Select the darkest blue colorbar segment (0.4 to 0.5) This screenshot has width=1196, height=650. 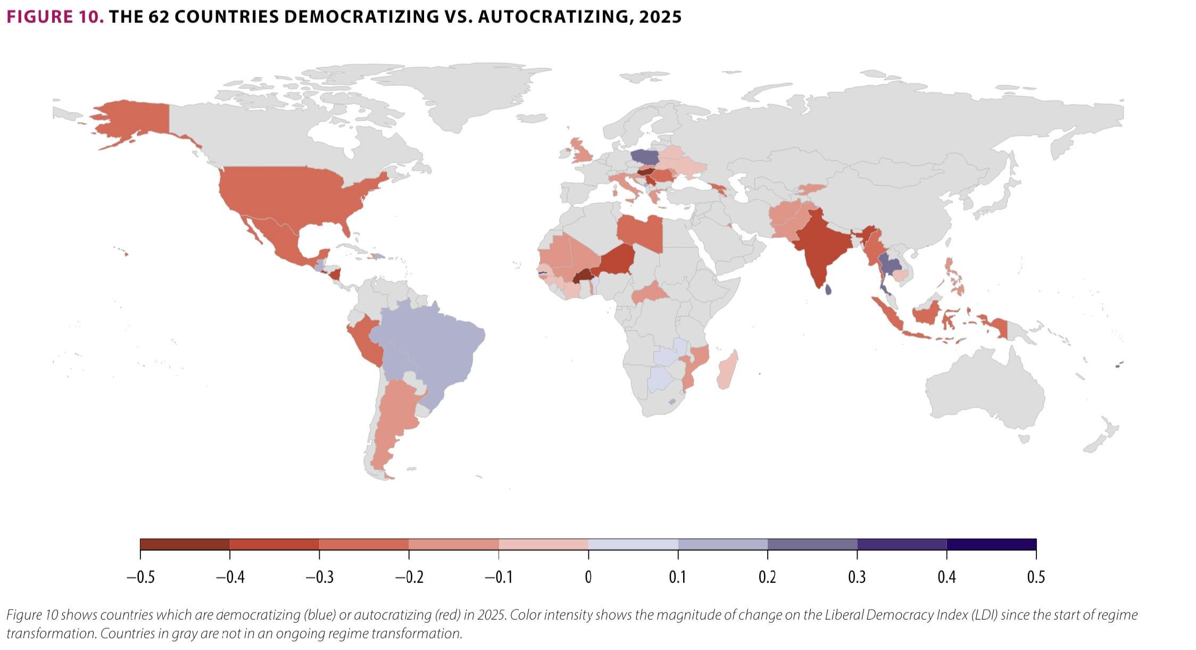pyautogui.click(x=991, y=544)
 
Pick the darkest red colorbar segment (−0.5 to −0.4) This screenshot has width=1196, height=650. pyautogui.click(x=185, y=544)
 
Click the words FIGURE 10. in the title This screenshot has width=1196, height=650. pyautogui.click(x=55, y=17)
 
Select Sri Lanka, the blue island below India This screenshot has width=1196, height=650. pyautogui.click(x=828, y=290)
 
